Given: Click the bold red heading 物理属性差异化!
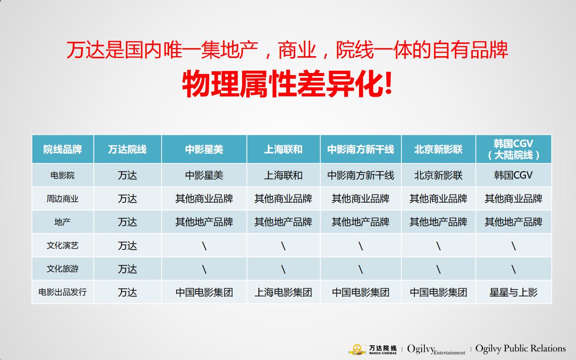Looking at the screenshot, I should tap(287, 85).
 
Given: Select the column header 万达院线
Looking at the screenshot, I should tap(127, 150).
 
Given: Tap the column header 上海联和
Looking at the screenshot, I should tap(283, 150).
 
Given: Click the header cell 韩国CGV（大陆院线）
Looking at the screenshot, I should tap(513, 150).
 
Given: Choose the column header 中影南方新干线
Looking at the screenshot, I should tap(360, 150).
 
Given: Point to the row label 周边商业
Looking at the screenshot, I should tap(63, 199).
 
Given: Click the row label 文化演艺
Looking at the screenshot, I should tap(63, 245).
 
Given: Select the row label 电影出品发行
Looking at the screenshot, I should tap(63, 292).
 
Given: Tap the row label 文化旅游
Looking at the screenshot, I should tap(63, 269).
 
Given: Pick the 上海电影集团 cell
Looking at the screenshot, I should tap(283, 293).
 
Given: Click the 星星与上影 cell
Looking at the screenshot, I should tap(513, 293).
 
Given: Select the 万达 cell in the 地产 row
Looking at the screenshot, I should tap(127, 222).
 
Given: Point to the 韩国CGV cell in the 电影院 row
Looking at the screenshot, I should tap(513, 175).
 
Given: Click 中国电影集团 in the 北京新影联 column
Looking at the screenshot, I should tap(438, 293).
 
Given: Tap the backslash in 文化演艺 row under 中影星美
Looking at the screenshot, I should tap(204, 246).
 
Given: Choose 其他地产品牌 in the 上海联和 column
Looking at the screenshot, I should tap(283, 222).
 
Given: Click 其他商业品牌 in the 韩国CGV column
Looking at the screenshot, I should tap(513, 199).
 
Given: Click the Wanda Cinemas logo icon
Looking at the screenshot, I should tap(357, 349).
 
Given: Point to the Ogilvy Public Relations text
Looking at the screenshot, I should tap(520, 348).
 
